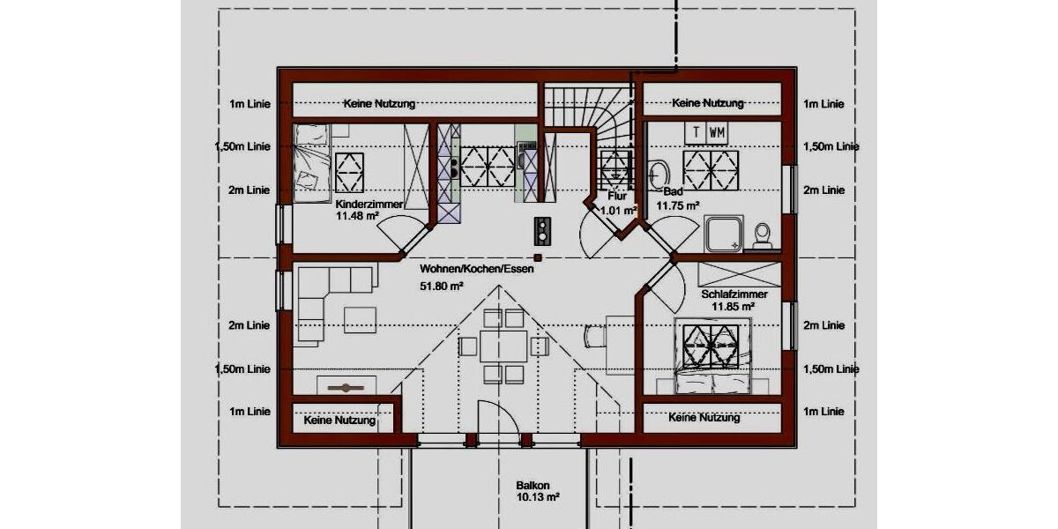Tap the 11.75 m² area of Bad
coord(678,205)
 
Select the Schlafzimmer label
coord(734,294)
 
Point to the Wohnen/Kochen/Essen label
coord(477,269)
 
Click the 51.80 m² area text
coord(442,286)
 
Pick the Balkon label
coord(533,485)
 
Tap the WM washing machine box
coord(717,132)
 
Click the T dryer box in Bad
coord(697,132)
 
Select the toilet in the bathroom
coord(763,234)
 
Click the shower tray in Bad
coord(726,234)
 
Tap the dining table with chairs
coord(503,345)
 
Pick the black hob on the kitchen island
coord(540,230)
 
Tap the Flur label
coord(617,196)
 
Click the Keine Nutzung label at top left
coord(379,104)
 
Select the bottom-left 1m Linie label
coord(250,411)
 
